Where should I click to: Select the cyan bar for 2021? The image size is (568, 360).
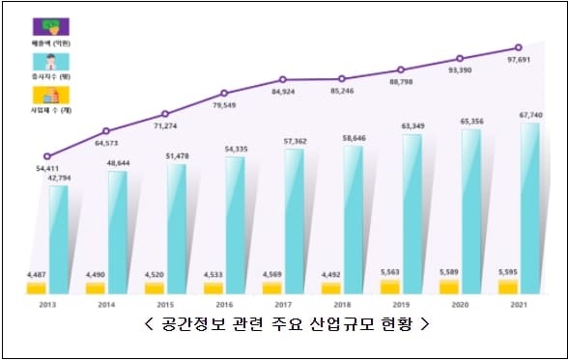click(529, 208)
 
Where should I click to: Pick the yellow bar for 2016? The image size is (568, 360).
click(213, 288)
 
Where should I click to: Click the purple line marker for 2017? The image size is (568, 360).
click(283, 79)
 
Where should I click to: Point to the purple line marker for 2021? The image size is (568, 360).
click(519, 47)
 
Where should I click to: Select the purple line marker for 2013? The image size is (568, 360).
click(47, 156)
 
